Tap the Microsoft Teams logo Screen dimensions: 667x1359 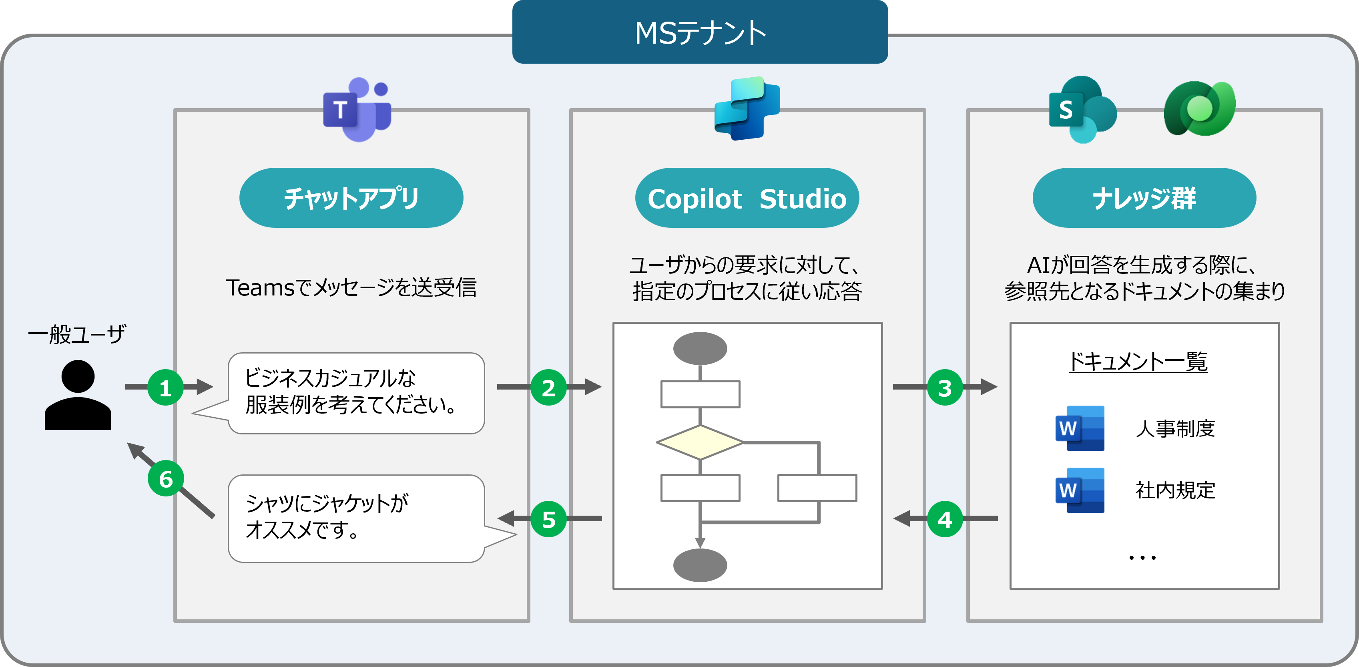pos(357,110)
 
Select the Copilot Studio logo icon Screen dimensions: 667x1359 pos(747,108)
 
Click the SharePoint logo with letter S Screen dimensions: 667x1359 pos(1082,110)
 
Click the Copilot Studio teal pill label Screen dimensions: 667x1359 pos(747,198)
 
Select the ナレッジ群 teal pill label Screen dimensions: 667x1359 pos(1144,198)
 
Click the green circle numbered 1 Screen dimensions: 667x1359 pos(165,388)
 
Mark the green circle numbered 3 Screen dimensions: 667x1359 pos(944,388)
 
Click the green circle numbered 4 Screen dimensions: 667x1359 pos(944,519)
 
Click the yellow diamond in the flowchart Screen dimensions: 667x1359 pos(700,442)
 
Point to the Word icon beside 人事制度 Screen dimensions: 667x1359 pos(1079,428)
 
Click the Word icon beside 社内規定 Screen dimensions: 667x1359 pos(1079,490)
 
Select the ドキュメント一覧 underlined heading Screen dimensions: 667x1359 pos(1138,362)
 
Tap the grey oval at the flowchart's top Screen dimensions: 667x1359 pos(700,348)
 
